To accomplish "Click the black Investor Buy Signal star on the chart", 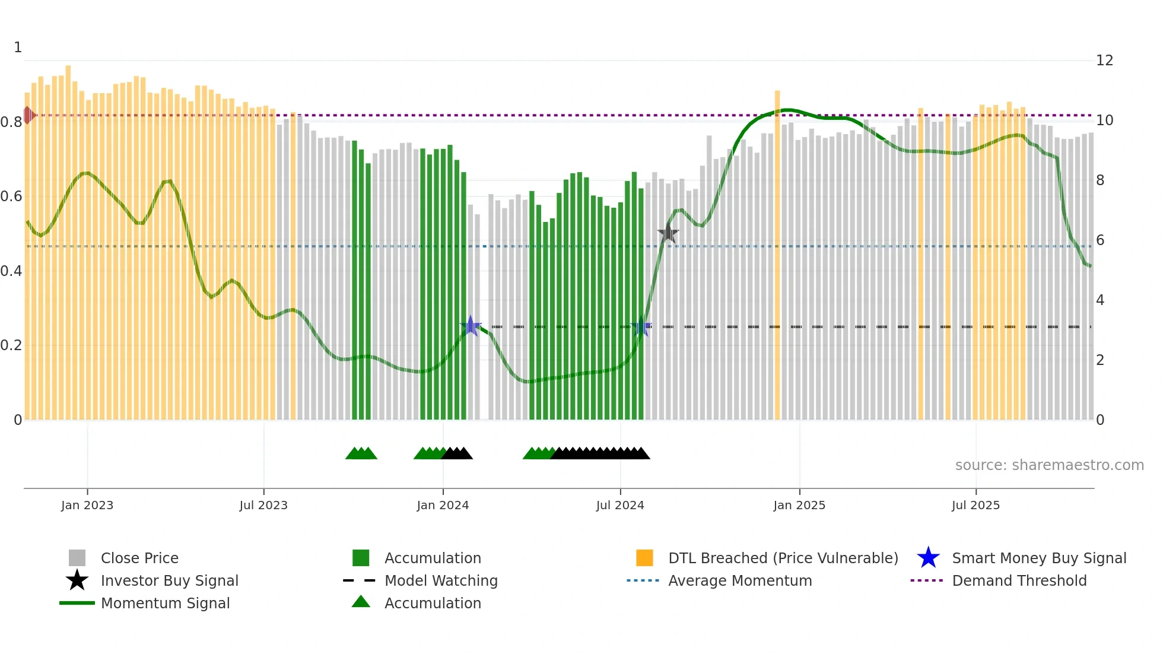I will pos(668,233).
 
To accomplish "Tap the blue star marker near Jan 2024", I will pos(471,326).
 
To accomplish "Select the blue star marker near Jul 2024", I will pos(641,326).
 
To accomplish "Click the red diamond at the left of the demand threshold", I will pos(28,115).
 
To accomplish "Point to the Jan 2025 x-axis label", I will pos(799,505).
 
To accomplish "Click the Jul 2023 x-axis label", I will pos(263,505).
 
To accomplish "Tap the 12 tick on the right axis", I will pos(1104,61).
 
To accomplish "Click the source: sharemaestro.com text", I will pos(1049,465).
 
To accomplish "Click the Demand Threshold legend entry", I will pos(1019,580).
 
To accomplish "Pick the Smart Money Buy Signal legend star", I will pos(929,558).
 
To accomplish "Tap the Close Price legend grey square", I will pos(77,558).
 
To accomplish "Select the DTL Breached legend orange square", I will pos(644,558).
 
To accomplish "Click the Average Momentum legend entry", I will pos(739,580).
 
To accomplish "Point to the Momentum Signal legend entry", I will pos(165,603).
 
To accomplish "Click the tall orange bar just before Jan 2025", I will pos(777,255).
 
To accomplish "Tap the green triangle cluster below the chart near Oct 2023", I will pos(361,453).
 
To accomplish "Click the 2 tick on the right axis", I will pos(1100,360).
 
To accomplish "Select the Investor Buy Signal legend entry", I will pos(169,580).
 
